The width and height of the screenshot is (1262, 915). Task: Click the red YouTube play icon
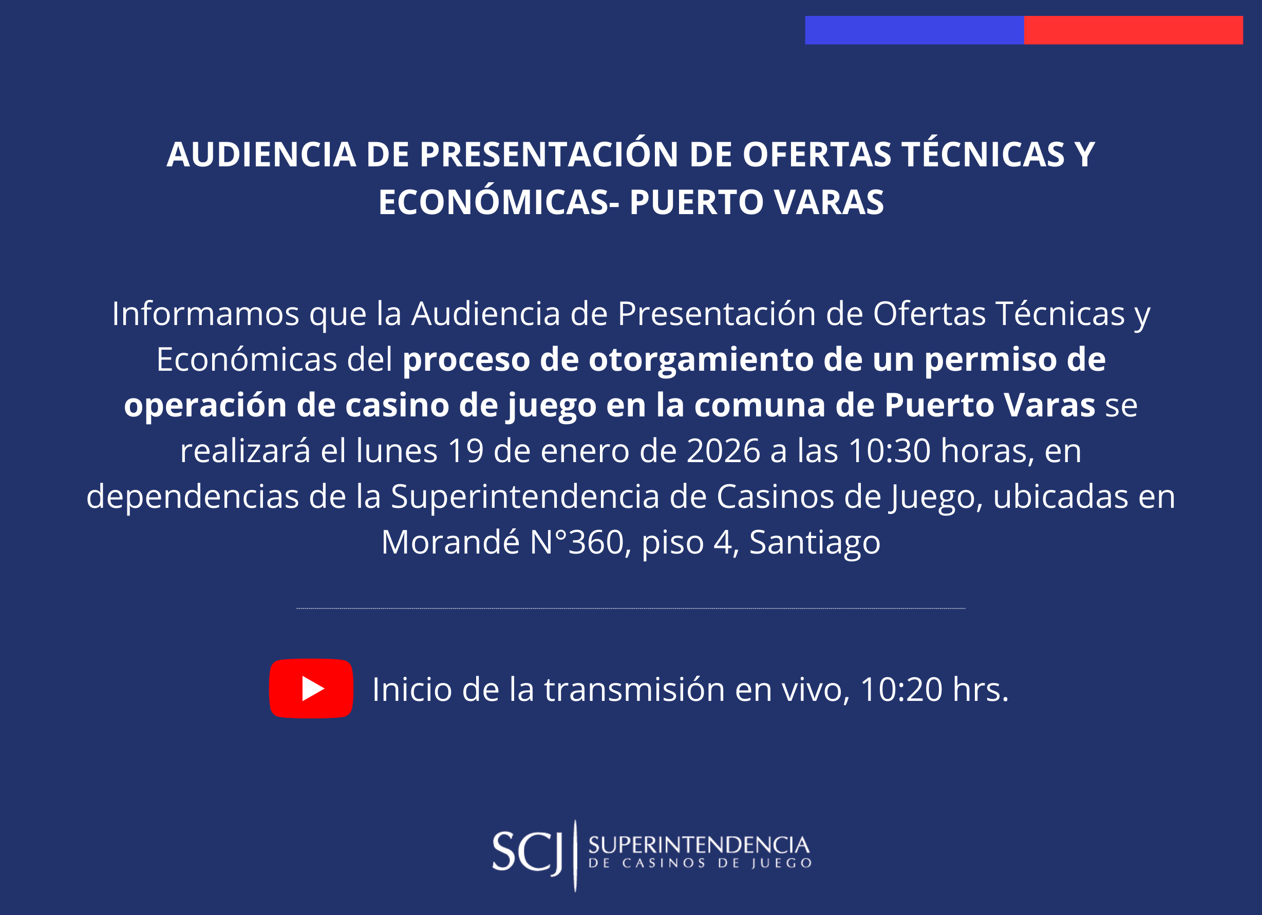click(x=311, y=689)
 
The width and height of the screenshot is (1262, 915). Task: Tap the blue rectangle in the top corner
click(x=914, y=30)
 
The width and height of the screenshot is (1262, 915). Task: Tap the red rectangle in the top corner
click(x=1134, y=30)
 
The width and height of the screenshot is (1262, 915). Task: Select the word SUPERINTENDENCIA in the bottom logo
click(x=699, y=846)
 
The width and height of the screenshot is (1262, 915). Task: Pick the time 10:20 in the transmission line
click(x=901, y=690)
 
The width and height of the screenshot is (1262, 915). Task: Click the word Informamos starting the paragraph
click(x=206, y=314)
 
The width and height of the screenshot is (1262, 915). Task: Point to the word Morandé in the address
click(x=451, y=542)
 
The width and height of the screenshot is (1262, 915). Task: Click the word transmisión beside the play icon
click(x=635, y=690)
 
